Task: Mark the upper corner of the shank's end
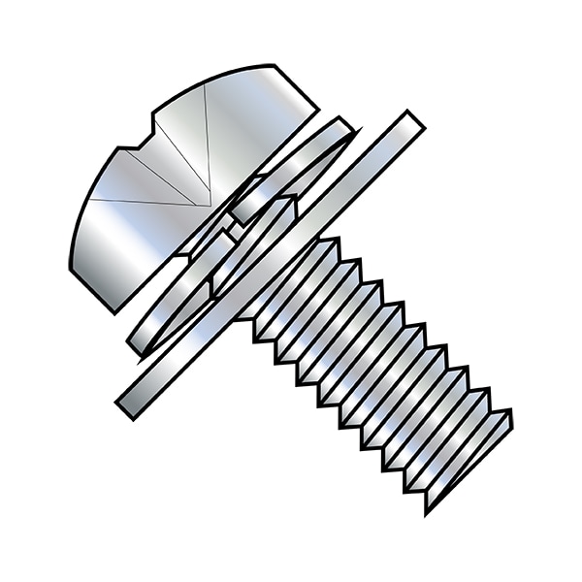point(509,415)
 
